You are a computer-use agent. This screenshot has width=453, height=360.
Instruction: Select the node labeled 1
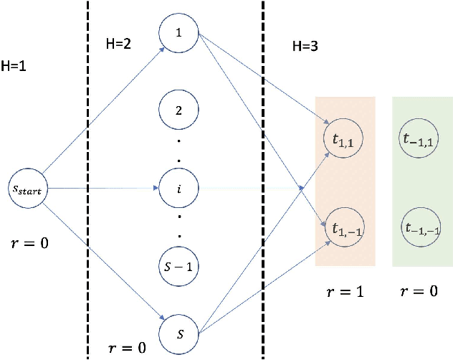178,32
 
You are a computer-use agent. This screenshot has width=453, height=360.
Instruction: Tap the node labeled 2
178,113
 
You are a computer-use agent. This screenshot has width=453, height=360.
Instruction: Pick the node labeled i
178,189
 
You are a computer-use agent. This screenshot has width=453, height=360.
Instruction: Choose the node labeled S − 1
178,266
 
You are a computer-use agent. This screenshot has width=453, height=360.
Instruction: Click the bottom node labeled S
178,332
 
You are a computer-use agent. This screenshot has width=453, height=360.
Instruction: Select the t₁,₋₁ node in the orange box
345,228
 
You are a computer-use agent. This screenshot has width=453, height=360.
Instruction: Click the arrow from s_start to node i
100,189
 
